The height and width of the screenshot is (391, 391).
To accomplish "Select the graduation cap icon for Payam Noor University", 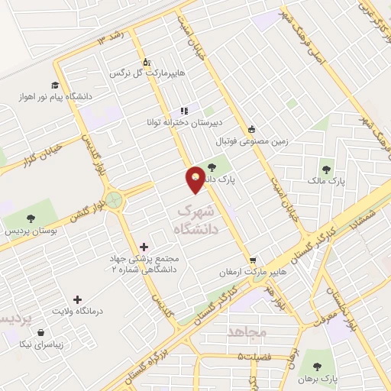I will [55, 85].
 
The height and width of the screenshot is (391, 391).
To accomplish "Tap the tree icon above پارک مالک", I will [327, 170].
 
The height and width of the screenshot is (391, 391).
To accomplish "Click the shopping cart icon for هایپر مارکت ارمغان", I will [254, 260].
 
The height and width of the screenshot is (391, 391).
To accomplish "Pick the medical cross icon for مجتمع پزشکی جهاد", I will [144, 247].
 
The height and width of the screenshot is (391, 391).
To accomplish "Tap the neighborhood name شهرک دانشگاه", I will [198, 218].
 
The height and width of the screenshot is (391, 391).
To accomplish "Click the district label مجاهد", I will [246, 332].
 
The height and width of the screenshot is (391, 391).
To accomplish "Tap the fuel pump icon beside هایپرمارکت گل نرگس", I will [146, 63].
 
